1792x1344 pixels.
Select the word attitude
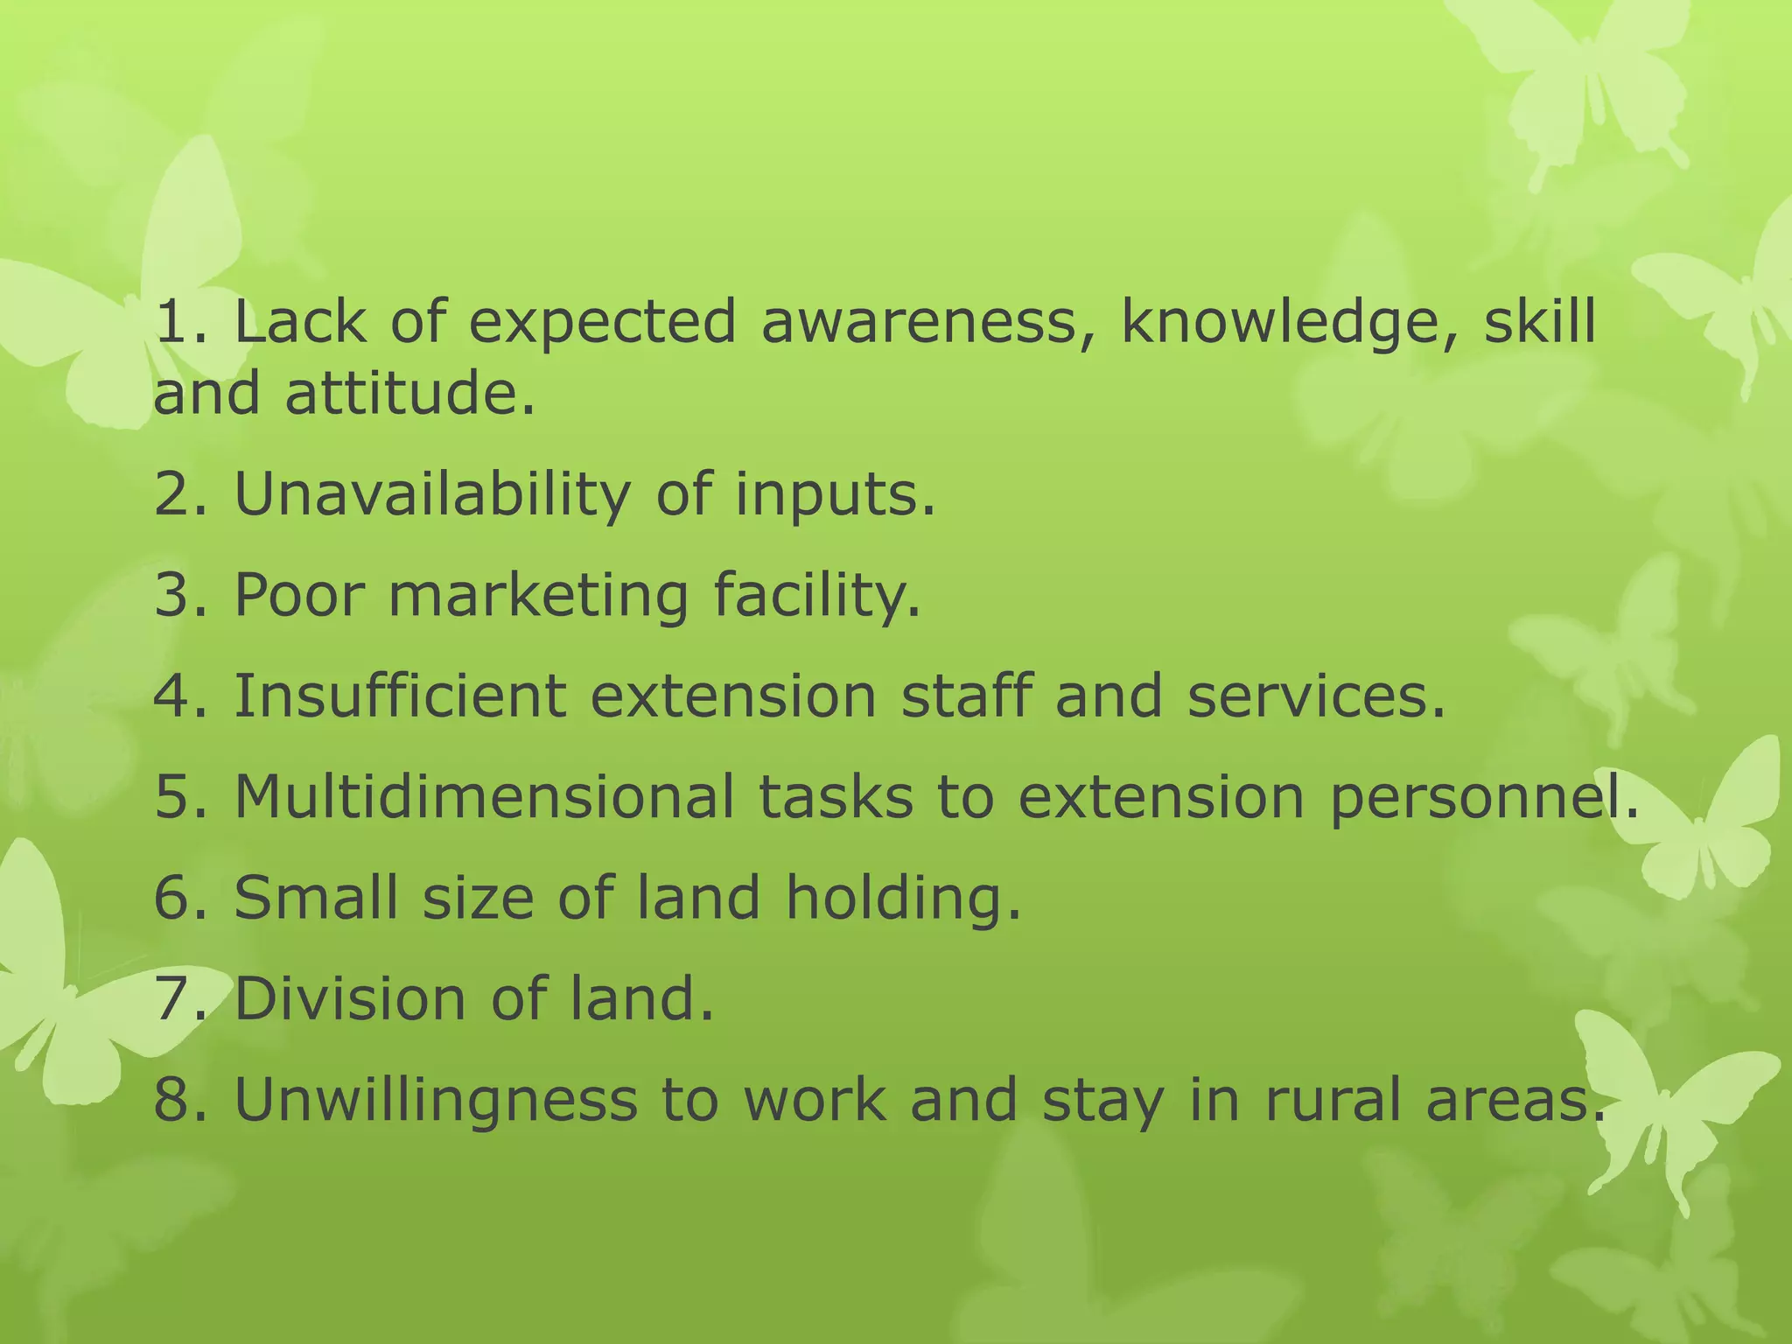point(409,393)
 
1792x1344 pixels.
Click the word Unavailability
point(432,495)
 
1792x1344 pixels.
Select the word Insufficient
point(400,696)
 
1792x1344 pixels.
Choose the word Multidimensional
point(484,797)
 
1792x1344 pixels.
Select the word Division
point(350,998)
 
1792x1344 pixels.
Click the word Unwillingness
point(436,1101)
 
